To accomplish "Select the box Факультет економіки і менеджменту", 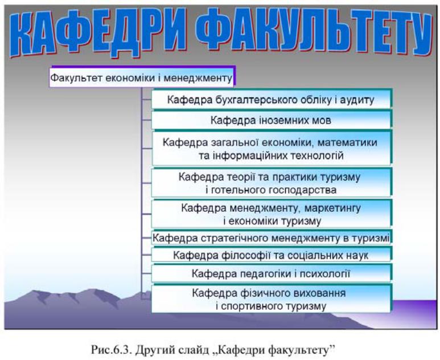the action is click(x=142, y=77).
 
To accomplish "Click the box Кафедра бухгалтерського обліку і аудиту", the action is click(x=272, y=99).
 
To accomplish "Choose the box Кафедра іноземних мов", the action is click(x=272, y=120).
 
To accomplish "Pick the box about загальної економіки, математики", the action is click(x=272, y=148).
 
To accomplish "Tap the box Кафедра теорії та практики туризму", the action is click(x=272, y=183).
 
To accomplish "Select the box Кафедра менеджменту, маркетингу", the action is click(x=272, y=214).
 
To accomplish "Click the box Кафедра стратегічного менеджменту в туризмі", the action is click(x=272, y=238).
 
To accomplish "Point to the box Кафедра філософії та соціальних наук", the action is click(x=272, y=255).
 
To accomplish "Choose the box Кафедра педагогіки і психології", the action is click(x=272, y=273).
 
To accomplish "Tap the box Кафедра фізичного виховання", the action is click(x=272, y=299).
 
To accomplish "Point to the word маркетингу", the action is click(x=332, y=208).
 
